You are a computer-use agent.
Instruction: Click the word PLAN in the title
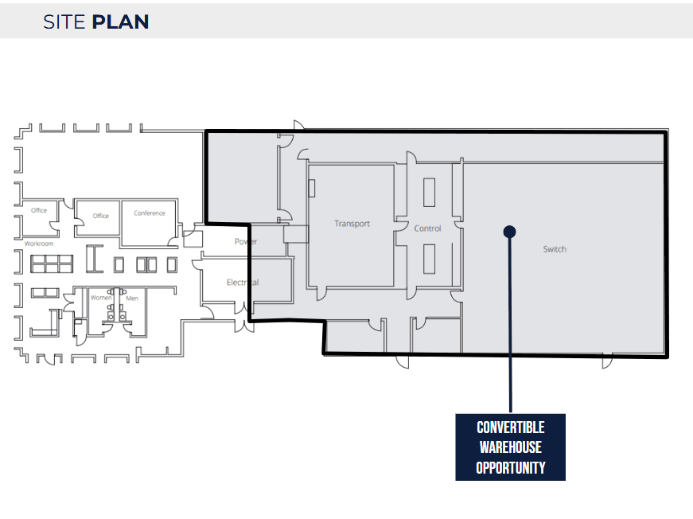tap(121, 22)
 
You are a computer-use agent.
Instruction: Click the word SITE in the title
tap(64, 22)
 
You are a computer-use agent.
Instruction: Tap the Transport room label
tap(352, 224)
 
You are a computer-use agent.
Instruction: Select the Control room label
tap(427, 228)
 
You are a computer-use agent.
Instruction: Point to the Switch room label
tap(555, 249)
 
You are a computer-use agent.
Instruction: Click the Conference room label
tap(150, 213)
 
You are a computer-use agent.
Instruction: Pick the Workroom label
tap(39, 244)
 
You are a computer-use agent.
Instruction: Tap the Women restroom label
tap(101, 298)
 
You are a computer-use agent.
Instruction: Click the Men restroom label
tap(132, 299)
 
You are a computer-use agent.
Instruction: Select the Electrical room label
tap(243, 283)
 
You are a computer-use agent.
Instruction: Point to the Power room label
tap(246, 241)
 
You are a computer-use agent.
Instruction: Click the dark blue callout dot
tap(509, 232)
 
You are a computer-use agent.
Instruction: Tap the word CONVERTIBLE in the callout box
tap(511, 427)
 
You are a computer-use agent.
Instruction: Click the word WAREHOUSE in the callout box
tap(511, 447)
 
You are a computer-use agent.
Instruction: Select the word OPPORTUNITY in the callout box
tap(511, 468)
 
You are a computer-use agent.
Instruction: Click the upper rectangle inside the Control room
tap(429, 193)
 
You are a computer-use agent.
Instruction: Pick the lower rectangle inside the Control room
tap(429, 259)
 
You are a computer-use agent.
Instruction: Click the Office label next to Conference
tap(101, 216)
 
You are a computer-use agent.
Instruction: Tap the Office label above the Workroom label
tap(39, 210)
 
